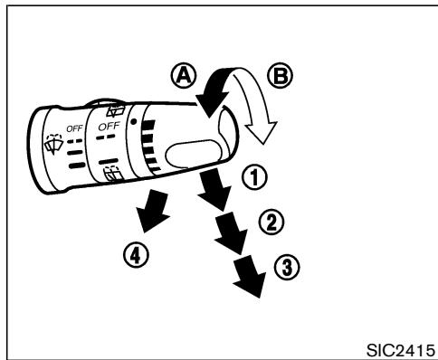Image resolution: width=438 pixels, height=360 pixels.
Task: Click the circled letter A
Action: point(184,75)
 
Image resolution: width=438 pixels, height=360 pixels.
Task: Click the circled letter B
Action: point(280,75)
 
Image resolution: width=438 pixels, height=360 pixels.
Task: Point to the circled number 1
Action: point(255,177)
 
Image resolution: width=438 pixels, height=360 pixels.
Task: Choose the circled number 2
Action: point(271,223)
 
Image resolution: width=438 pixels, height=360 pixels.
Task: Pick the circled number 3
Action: point(287,267)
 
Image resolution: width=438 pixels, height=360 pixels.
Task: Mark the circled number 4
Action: point(136,255)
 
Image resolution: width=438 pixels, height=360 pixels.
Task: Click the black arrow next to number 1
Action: point(214,189)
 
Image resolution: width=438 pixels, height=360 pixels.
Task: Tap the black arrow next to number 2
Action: point(231,232)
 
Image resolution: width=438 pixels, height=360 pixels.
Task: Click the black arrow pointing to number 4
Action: point(153,212)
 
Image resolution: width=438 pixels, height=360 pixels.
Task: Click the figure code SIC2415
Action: point(401,350)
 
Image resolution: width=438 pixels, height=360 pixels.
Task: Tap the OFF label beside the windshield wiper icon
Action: point(74,128)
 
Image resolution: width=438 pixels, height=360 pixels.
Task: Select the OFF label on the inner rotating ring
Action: point(109,126)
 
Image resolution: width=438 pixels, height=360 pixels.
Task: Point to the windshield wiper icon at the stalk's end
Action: point(53,144)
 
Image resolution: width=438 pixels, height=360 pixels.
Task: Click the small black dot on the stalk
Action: point(133,121)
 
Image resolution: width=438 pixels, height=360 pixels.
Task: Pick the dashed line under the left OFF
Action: point(74,141)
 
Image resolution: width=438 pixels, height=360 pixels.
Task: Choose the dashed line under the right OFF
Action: point(106,137)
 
